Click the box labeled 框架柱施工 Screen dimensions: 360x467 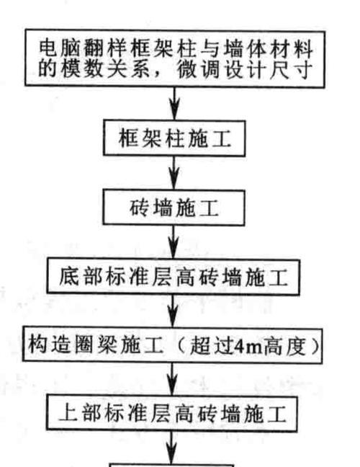point(174,138)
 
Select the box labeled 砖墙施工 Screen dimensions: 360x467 point(174,208)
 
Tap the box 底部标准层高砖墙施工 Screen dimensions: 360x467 point(173,277)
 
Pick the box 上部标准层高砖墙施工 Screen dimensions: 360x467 point(171,414)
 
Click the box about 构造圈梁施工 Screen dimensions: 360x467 point(172,345)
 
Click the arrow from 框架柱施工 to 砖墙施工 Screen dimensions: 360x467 point(174,173)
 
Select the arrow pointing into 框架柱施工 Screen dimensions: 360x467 point(175,104)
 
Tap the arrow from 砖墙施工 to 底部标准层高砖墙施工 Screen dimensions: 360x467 point(174,242)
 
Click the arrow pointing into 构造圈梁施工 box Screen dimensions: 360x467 point(173,311)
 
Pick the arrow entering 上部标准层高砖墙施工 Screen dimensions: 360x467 point(172,379)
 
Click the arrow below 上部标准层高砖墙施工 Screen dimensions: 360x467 point(171,448)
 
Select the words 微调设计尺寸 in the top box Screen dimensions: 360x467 point(244,71)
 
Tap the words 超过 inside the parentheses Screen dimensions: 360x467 point(212,346)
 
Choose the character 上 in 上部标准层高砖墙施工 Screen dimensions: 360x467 point(68,414)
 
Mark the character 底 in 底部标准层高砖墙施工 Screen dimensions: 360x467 point(69,277)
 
